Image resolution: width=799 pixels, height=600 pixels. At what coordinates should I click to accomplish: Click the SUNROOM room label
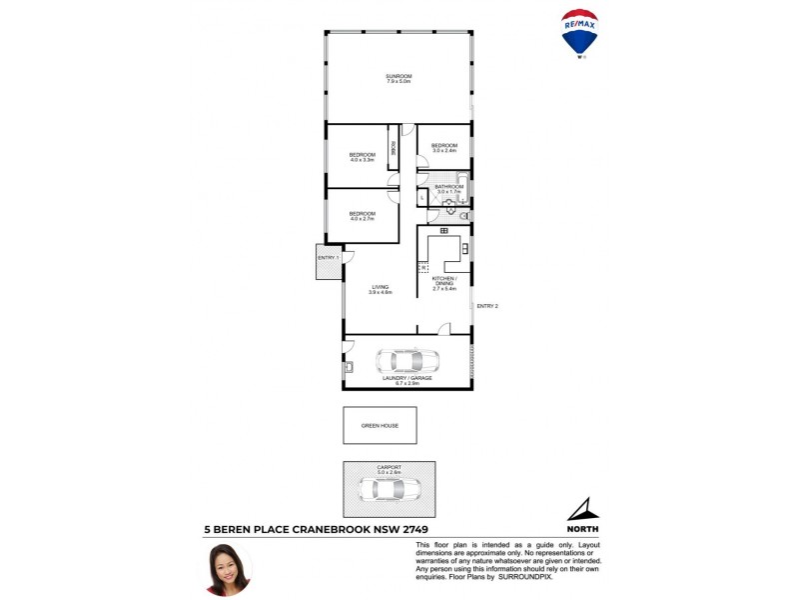click(x=399, y=76)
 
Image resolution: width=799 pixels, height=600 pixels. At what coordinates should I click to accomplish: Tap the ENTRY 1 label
click(x=329, y=258)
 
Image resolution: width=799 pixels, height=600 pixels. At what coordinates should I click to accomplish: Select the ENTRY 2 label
click(x=486, y=306)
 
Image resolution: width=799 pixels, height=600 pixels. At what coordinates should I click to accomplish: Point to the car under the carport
click(x=389, y=488)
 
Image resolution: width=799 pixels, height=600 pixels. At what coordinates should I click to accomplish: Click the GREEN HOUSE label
click(x=380, y=425)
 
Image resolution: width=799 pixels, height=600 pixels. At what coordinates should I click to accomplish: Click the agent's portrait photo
click(x=227, y=567)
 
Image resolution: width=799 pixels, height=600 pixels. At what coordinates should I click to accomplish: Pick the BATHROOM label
click(x=448, y=186)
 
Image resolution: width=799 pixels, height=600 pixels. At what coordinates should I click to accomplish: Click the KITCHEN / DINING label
click(x=443, y=281)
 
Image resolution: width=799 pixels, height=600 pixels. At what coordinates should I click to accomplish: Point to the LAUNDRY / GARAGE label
click(x=406, y=378)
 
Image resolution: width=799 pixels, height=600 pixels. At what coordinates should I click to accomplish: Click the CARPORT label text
click(x=389, y=467)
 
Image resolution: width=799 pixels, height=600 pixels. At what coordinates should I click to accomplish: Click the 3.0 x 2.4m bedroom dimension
click(x=444, y=151)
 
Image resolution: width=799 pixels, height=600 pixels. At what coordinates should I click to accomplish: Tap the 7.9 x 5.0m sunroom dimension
click(x=399, y=82)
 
